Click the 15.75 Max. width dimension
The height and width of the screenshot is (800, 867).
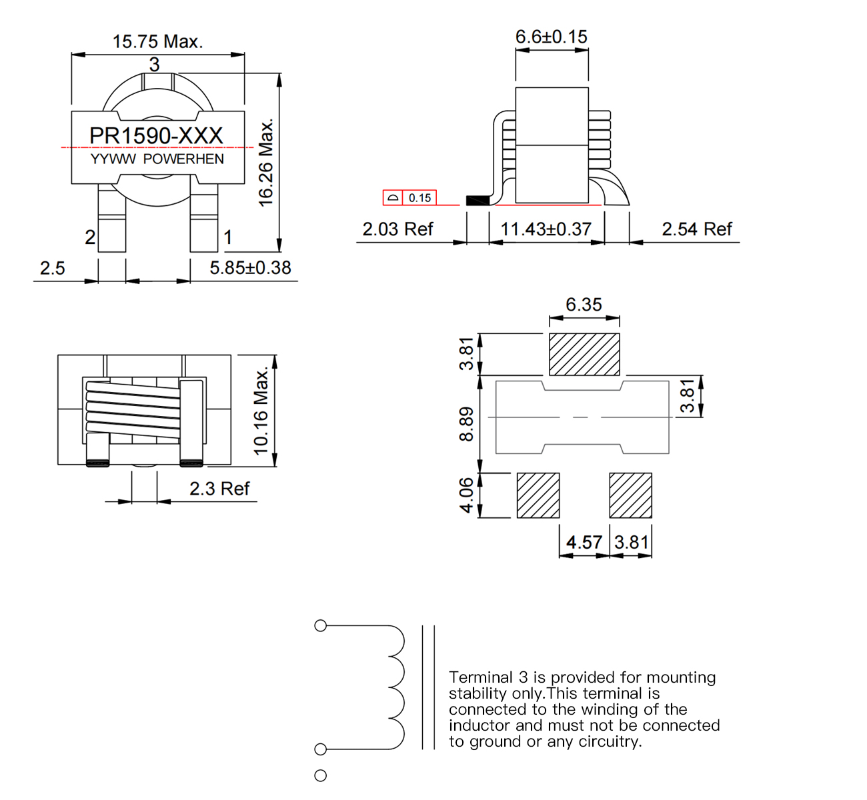tap(157, 41)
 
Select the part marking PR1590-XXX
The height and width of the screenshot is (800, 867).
tap(156, 135)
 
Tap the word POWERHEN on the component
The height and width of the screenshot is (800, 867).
tap(183, 159)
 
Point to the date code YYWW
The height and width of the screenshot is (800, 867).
tap(113, 159)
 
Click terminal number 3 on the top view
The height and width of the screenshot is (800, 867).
tap(155, 65)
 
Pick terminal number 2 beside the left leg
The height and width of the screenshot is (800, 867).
tap(90, 237)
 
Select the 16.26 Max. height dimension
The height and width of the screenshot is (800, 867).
tap(266, 163)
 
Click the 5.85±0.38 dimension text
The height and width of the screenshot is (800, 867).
tap(250, 268)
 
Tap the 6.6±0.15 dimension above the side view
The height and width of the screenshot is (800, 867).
tap(552, 37)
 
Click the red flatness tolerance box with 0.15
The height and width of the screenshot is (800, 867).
tap(409, 198)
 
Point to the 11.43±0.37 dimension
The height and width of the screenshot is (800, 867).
tap(546, 229)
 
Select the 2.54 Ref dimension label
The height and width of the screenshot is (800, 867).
tap(696, 229)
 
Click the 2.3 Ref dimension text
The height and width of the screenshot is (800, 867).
tap(219, 489)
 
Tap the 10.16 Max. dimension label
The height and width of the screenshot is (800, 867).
tap(261, 411)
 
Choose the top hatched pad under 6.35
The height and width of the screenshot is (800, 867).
tap(584, 354)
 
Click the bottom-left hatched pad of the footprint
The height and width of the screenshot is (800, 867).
tap(538, 495)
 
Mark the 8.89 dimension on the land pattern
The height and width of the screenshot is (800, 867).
tap(467, 424)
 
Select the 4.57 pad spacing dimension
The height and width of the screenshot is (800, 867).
tap(584, 543)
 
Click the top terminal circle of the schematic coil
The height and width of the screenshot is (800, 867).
tap(320, 625)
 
